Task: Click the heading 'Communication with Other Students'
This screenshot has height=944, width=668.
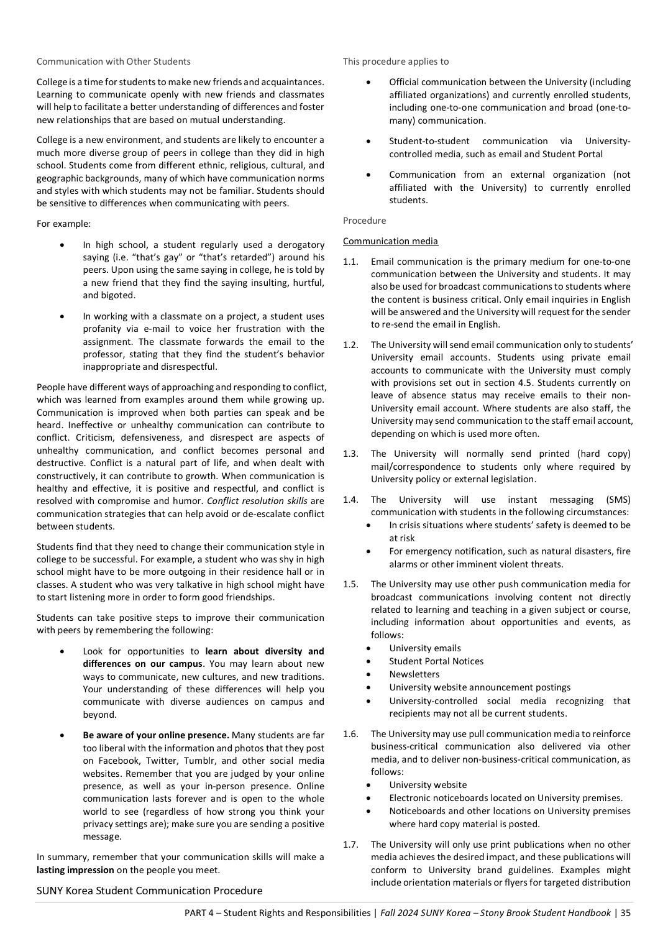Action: [x=114, y=62]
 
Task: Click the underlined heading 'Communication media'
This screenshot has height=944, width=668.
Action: [x=390, y=241]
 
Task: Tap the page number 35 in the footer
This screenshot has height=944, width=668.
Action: [x=625, y=913]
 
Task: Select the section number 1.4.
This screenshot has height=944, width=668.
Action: [x=350, y=500]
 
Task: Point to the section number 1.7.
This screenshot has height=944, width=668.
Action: [x=350, y=845]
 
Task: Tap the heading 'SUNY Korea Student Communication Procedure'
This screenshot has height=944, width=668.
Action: [x=149, y=891]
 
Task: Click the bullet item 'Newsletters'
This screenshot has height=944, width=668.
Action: [x=414, y=674]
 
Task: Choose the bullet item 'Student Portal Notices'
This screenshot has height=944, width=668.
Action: [x=436, y=661]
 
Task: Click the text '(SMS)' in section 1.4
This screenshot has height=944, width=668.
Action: [x=618, y=500]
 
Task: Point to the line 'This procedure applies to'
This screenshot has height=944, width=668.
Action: [x=396, y=62]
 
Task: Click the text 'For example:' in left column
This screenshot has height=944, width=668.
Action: [x=63, y=224]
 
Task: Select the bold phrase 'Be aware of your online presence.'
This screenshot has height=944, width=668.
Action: [x=156, y=735]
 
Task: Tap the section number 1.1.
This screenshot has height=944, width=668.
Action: [x=350, y=262]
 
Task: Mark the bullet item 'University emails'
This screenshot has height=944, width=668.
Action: [x=425, y=648]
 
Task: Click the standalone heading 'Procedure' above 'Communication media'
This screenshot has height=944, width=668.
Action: [x=364, y=221]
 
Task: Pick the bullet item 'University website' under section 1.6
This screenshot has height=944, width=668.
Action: [x=428, y=785]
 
